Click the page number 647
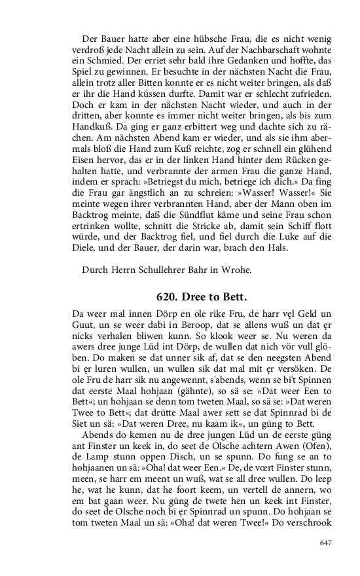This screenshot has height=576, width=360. point(325,543)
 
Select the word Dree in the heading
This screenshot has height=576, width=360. point(195,296)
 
